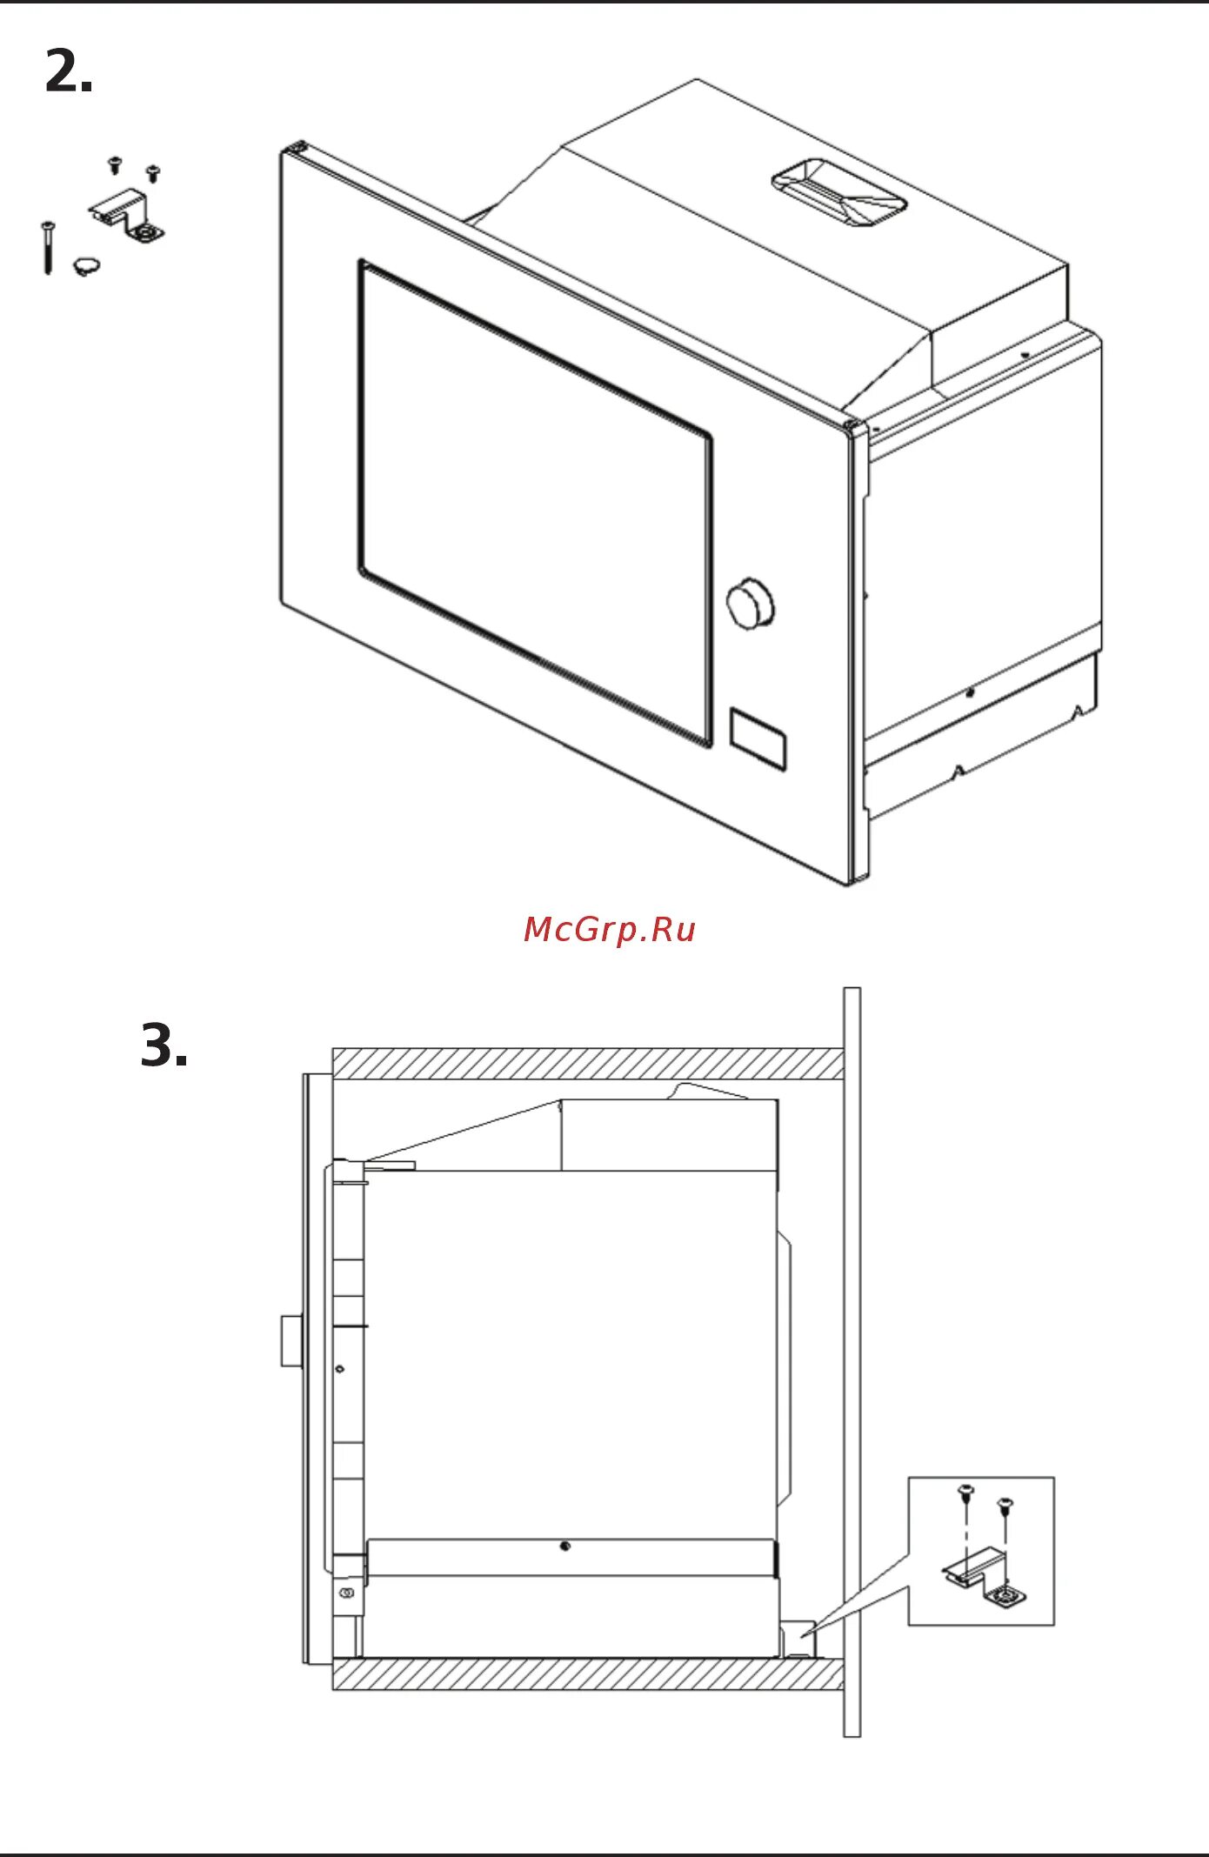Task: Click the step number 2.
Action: (x=68, y=71)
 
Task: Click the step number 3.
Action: (x=164, y=1045)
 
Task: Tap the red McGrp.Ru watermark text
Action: (x=610, y=930)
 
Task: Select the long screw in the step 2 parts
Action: (x=47, y=247)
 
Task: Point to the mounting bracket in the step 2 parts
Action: (x=129, y=217)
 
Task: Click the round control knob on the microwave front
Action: (x=751, y=602)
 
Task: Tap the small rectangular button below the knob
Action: (x=758, y=738)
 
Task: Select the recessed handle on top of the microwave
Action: (x=838, y=193)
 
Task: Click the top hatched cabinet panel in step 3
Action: (x=587, y=1063)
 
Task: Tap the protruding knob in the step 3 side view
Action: (x=291, y=1340)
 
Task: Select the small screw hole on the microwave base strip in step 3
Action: (x=565, y=1546)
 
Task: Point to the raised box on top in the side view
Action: (x=669, y=1135)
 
